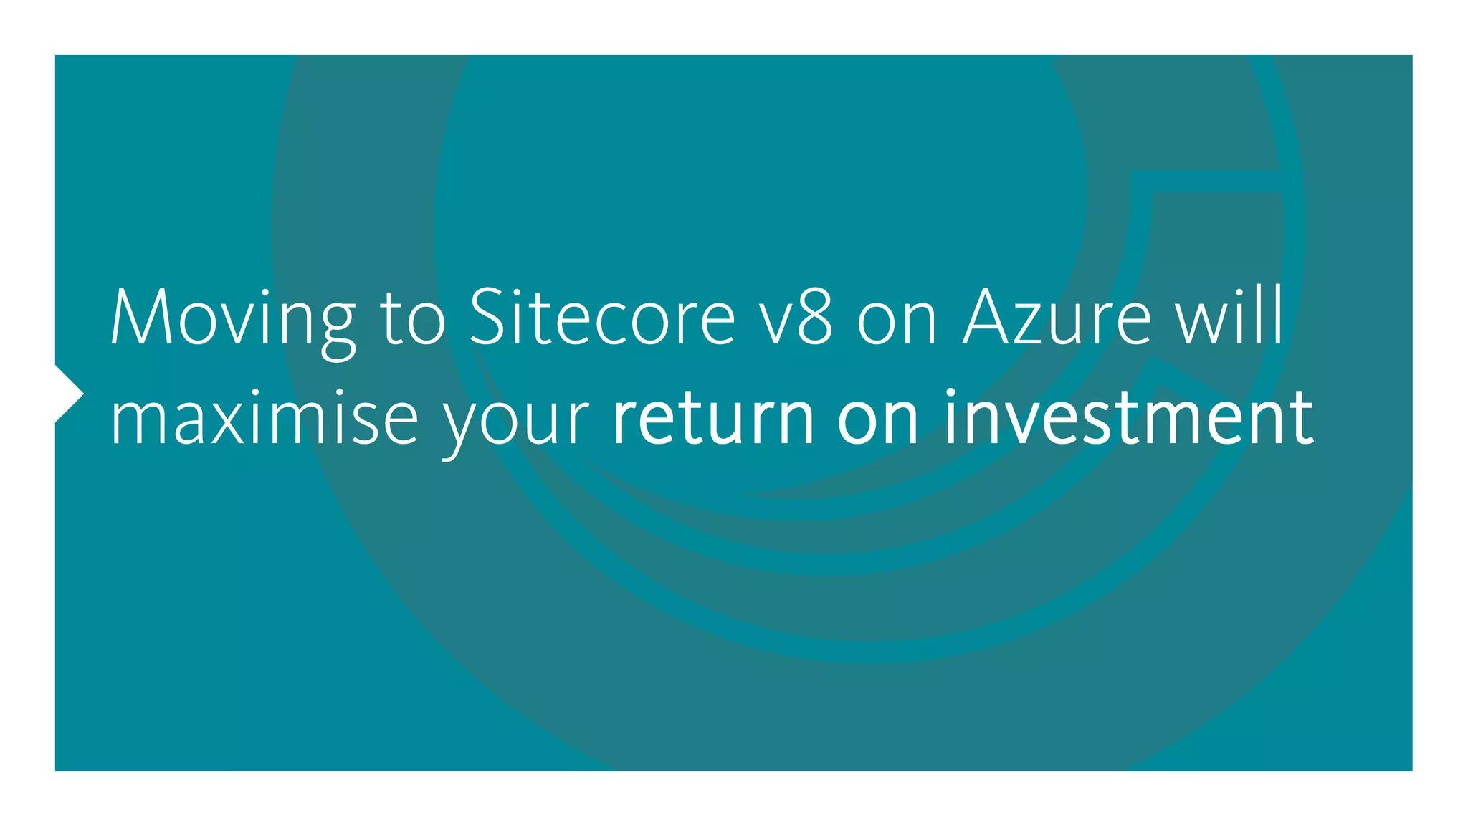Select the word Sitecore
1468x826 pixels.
pyautogui.click(x=602, y=317)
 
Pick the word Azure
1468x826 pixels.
pyautogui.click(x=1057, y=317)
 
